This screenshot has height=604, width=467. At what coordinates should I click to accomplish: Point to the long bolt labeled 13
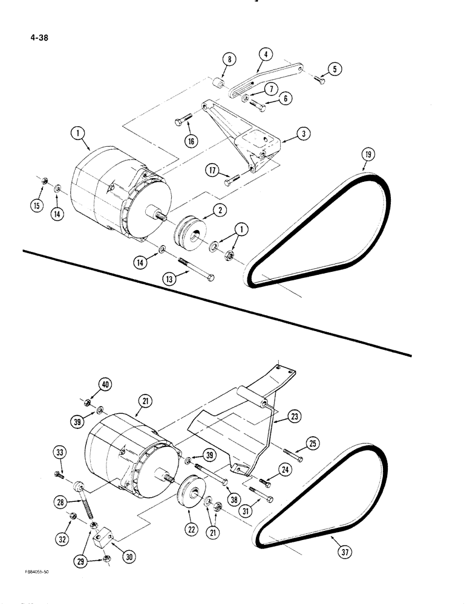click(x=195, y=268)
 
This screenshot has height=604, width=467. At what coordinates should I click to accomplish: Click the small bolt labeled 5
click(x=319, y=80)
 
